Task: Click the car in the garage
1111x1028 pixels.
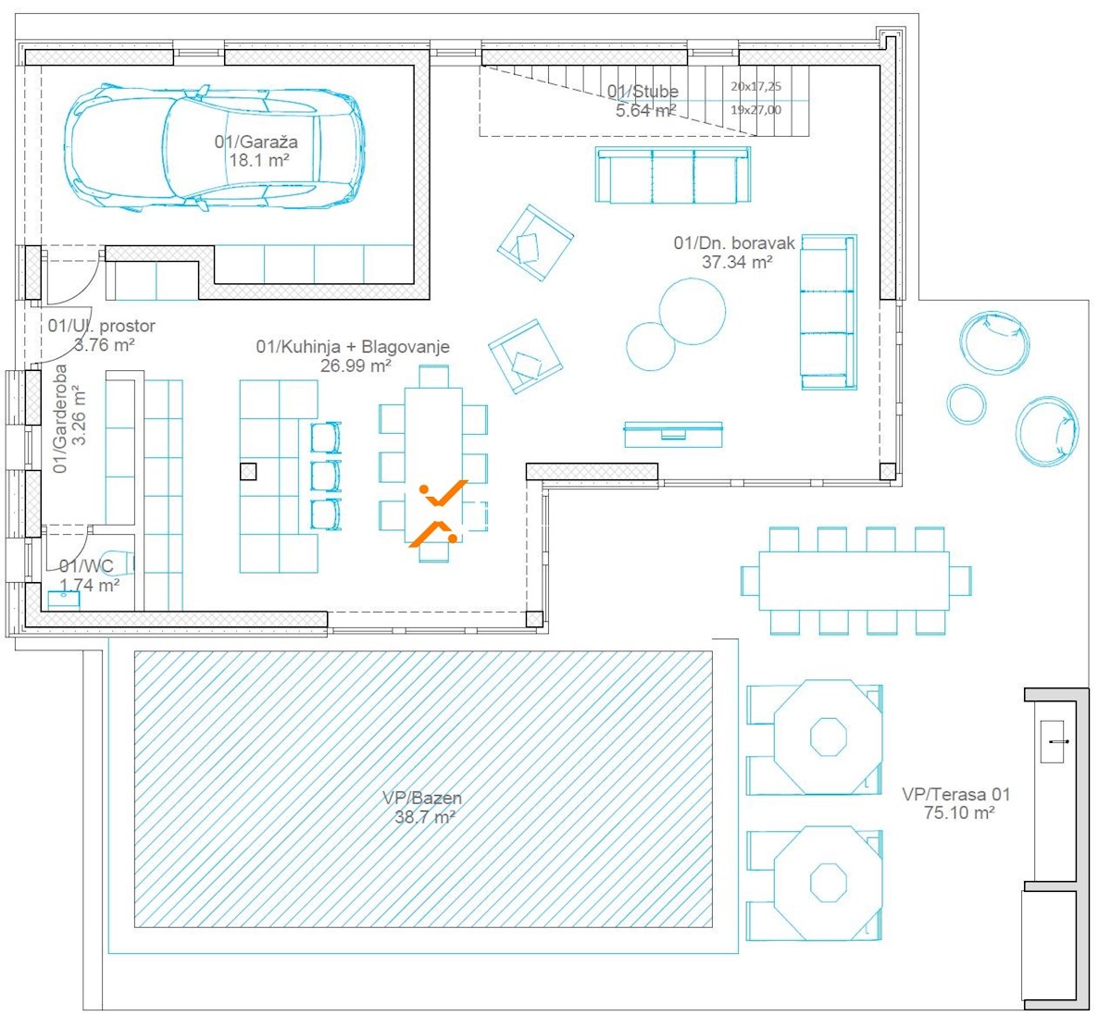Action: pyautogui.click(x=214, y=148)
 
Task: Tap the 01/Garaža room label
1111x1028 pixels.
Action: pyautogui.click(x=256, y=142)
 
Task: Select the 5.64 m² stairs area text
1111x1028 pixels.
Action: pyautogui.click(x=646, y=110)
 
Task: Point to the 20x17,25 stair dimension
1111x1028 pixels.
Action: pyautogui.click(x=755, y=86)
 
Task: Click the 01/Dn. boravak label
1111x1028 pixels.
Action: pyautogui.click(x=734, y=242)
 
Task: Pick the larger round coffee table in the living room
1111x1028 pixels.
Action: pyautogui.click(x=692, y=311)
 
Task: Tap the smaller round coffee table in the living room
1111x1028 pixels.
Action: pyautogui.click(x=651, y=346)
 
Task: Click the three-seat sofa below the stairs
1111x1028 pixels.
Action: pyautogui.click(x=673, y=175)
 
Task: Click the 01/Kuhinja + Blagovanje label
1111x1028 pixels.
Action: pyautogui.click(x=353, y=347)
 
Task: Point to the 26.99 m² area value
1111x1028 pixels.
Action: pyautogui.click(x=356, y=365)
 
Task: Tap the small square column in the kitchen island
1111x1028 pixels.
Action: pyautogui.click(x=248, y=472)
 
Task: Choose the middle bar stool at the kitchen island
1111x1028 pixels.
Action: pyautogui.click(x=326, y=476)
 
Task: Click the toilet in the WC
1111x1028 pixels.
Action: pyautogui.click(x=121, y=564)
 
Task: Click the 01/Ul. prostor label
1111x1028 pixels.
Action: pyautogui.click(x=101, y=326)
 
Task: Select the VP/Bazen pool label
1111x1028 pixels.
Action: pyautogui.click(x=422, y=798)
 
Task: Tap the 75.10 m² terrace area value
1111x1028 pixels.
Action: pyautogui.click(x=959, y=812)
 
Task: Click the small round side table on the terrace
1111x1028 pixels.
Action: pyautogui.click(x=967, y=403)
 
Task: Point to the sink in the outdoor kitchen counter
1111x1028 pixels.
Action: pyautogui.click(x=1052, y=742)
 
